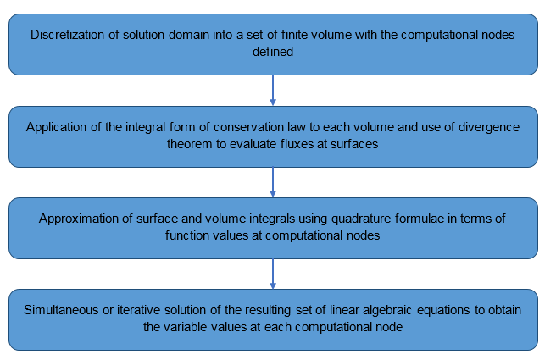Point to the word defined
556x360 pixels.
point(273,50)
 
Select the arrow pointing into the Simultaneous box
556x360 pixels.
point(273,273)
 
